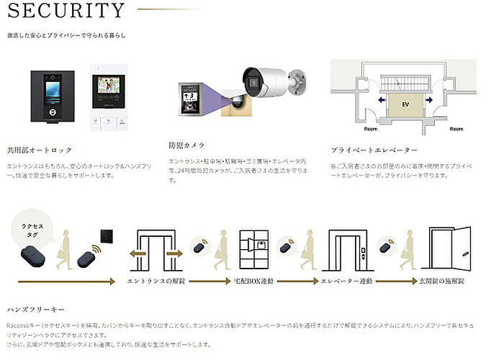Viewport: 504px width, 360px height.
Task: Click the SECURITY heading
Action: click(x=68, y=11)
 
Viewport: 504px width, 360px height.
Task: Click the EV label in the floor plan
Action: click(x=405, y=104)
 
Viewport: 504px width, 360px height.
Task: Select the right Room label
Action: click(x=456, y=129)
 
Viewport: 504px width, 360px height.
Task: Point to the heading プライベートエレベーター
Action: click(x=374, y=150)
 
